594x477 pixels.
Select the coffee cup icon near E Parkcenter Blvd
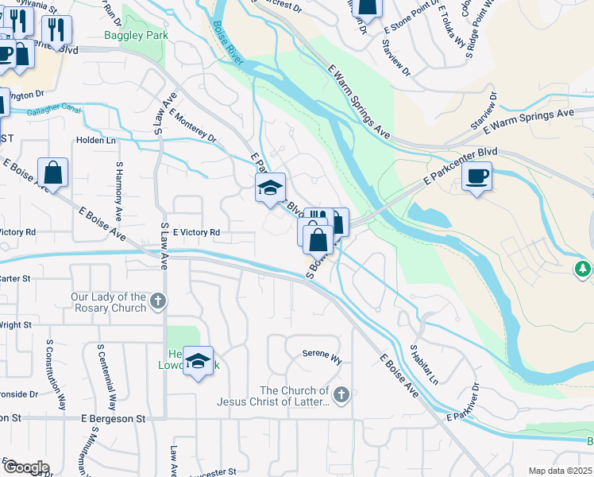[476, 176]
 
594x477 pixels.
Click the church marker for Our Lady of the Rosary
[159, 302]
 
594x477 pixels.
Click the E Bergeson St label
[114, 417]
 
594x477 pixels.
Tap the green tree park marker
[584, 269]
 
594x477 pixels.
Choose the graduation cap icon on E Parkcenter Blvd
[270, 188]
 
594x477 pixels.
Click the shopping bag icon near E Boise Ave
[52, 173]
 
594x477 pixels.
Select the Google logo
[25, 467]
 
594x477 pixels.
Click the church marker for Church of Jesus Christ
[341, 394]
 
